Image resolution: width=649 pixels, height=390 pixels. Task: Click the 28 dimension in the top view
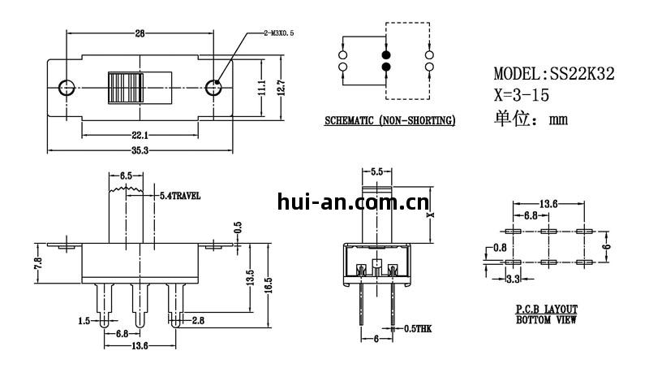click(140, 33)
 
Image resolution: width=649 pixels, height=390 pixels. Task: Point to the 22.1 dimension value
click(140, 134)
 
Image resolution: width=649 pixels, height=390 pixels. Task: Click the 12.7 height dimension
click(281, 87)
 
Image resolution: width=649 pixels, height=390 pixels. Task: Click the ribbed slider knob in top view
click(126, 87)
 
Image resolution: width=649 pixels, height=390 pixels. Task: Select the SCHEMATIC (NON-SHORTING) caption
click(389, 121)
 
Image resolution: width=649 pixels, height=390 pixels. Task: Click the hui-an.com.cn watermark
click(352, 201)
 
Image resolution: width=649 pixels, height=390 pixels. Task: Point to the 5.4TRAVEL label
click(179, 196)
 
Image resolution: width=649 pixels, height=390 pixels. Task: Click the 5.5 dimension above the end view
click(376, 172)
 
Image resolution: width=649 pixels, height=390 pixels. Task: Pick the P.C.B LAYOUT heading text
click(547, 310)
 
